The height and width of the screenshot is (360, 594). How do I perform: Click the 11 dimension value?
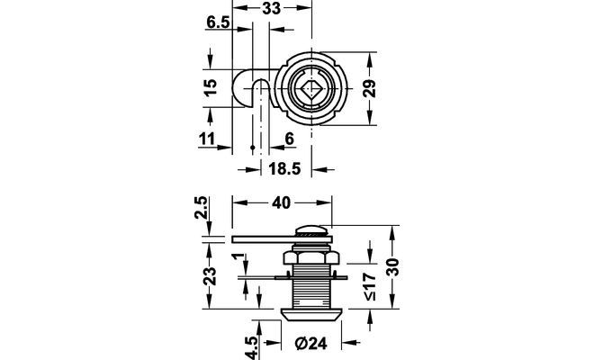pyautogui.click(x=206, y=139)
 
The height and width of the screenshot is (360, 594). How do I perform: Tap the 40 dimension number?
pyautogui.click(x=280, y=203)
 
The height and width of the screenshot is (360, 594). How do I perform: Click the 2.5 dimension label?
pyautogui.click(x=203, y=209)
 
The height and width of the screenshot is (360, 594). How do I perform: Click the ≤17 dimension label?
pyautogui.click(x=370, y=286)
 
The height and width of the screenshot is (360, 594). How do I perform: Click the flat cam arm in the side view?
pyautogui.click(x=270, y=239)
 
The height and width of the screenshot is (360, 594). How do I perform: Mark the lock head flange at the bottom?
pyautogui.click(x=310, y=314)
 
